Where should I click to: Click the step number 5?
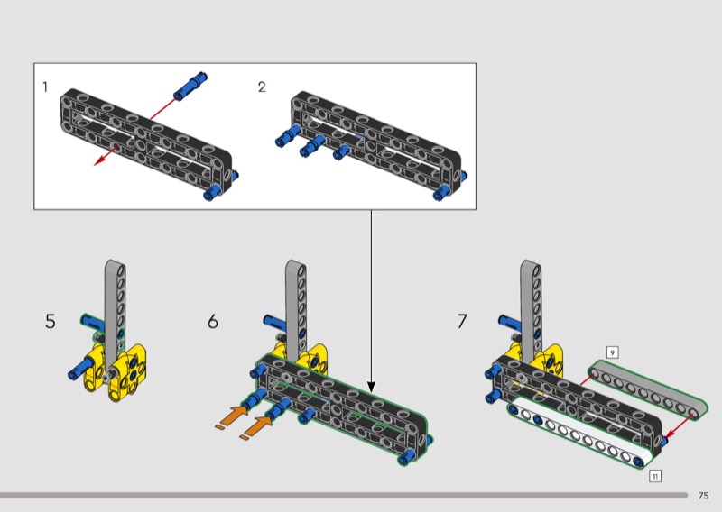pyautogui.click(x=51, y=321)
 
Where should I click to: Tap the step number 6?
pyautogui.click(x=213, y=321)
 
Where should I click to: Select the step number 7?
pyautogui.click(x=462, y=321)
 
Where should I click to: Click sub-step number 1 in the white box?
pyautogui.click(x=45, y=87)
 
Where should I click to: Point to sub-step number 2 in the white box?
pyautogui.click(x=262, y=87)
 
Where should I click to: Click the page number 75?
pyautogui.click(x=703, y=496)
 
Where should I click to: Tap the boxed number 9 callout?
pyautogui.click(x=612, y=352)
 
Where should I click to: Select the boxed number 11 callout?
pyautogui.click(x=655, y=476)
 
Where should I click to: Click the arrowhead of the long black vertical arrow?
pyautogui.click(x=371, y=388)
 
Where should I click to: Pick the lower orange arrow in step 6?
pyautogui.click(x=259, y=425)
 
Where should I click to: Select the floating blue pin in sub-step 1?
pyautogui.click(x=190, y=86)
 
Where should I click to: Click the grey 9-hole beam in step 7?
pyautogui.click(x=648, y=387)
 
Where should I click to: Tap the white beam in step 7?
pyautogui.click(x=581, y=433)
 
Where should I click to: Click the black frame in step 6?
pyautogui.click(x=342, y=404)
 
